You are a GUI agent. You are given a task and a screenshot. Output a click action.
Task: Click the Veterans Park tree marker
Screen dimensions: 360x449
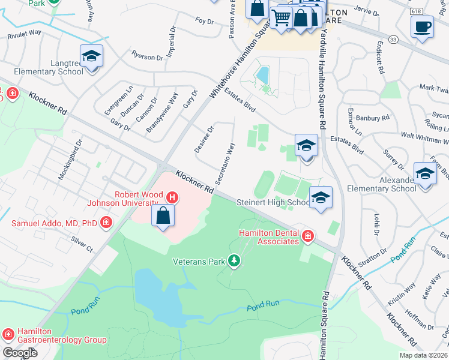pyautogui.click(x=234, y=260)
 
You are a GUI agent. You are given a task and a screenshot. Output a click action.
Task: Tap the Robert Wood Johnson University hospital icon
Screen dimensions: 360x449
pyautogui.click(x=172, y=197)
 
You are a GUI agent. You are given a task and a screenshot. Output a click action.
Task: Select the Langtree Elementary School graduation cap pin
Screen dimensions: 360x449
pyautogui.click(x=91, y=56)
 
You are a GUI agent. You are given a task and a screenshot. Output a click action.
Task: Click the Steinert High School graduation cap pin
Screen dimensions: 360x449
pyautogui.click(x=321, y=198)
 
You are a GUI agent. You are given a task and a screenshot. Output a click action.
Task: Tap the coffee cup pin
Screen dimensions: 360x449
pyautogui.click(x=422, y=27)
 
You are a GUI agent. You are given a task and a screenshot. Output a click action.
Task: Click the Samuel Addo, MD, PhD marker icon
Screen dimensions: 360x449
pyautogui.click(x=106, y=224)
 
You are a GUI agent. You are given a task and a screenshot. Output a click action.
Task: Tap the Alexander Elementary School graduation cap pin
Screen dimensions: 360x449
pyautogui.click(x=425, y=174)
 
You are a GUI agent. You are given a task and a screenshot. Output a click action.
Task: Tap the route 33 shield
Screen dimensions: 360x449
pyautogui.click(x=393, y=39)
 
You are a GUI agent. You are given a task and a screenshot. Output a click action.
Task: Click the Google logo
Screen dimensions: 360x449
pyautogui.click(x=20, y=352)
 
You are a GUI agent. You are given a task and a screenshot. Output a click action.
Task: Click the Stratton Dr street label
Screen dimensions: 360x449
pyautogui.click(x=374, y=254)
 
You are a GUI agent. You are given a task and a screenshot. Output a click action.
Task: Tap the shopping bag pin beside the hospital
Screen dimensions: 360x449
pyautogui.click(x=163, y=215)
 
